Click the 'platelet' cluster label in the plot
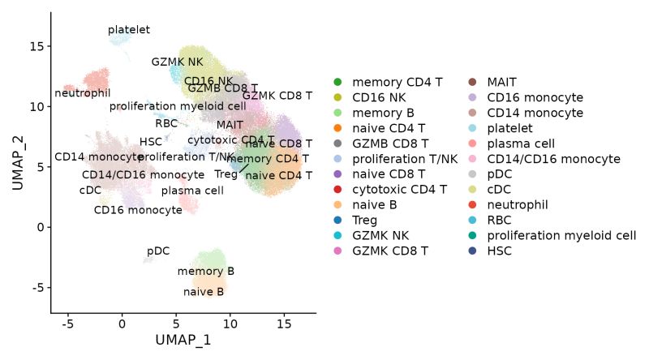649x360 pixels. coord(129,30)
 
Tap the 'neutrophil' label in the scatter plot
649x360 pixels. coord(83,93)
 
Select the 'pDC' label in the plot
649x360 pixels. coord(158,251)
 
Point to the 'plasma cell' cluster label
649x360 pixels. coord(192,191)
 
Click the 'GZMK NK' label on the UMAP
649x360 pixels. coord(178,62)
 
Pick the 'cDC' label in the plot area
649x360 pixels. coord(90,191)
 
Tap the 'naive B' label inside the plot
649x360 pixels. coord(204,292)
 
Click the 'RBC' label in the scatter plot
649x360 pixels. coord(166,123)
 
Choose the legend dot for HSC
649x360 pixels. coord(473,251)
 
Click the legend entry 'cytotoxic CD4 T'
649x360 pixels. coord(399,190)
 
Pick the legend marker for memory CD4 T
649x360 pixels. coord(338,82)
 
